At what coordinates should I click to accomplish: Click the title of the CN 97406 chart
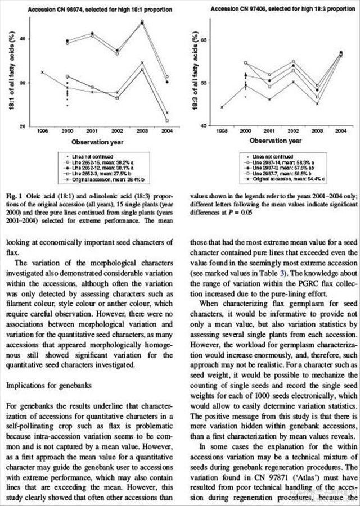(x=279, y=10)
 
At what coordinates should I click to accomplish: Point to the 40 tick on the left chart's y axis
(x=22, y=39)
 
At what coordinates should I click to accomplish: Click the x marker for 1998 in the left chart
(x=42, y=72)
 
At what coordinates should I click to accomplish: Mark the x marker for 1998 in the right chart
(x=222, y=107)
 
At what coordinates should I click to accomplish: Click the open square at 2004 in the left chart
(x=168, y=120)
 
